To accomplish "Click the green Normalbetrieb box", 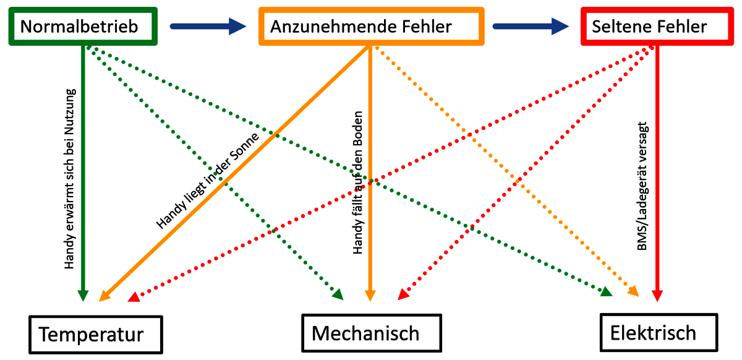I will coord(80,27).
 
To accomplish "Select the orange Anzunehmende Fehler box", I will coord(370,27).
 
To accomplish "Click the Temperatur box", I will coord(95,335).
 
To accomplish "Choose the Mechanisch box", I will coord(371,333).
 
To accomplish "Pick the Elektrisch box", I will coord(657,333).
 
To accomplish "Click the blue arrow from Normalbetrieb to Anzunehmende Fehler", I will coord(207,26).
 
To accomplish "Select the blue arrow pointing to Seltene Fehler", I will coord(530,26).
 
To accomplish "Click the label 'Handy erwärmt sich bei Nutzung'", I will coord(69,179).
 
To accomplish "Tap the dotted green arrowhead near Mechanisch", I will coord(338,294).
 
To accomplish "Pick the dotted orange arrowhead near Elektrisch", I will coord(633,290).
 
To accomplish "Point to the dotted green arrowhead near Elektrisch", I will coord(606,291).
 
